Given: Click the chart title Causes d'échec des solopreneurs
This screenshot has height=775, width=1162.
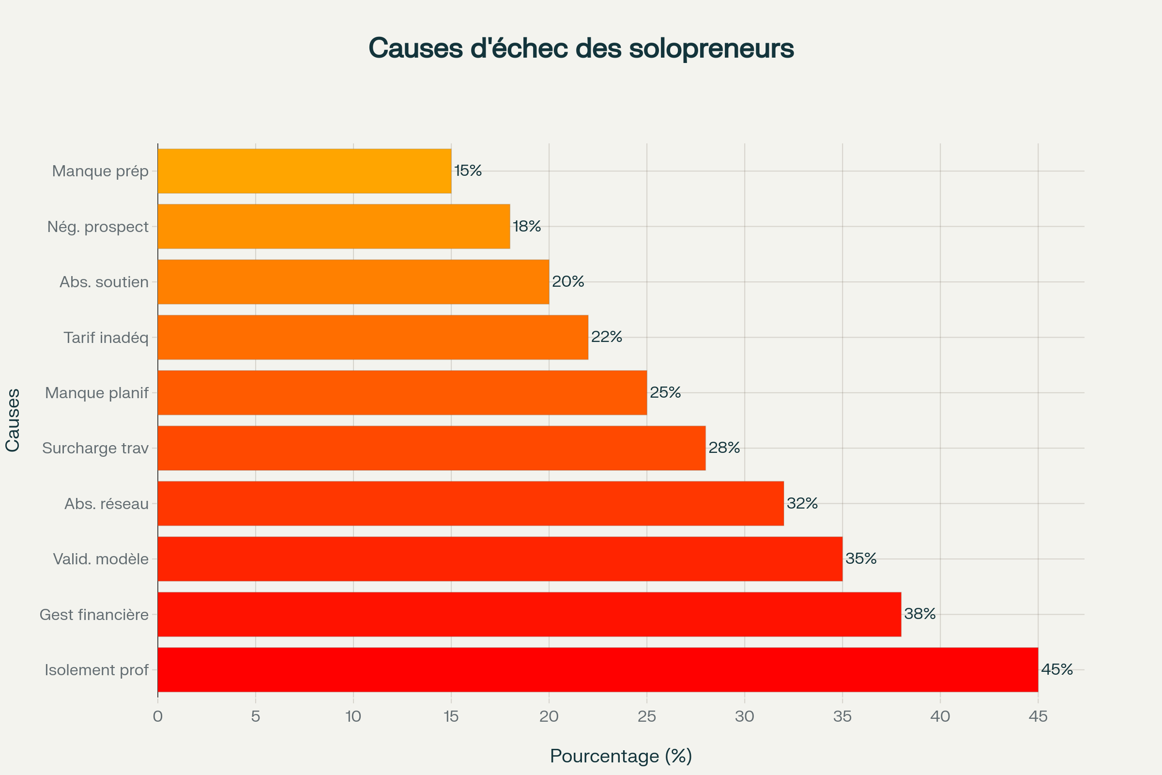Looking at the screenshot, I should [x=581, y=48].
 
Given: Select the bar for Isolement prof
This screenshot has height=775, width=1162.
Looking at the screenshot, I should [x=598, y=670].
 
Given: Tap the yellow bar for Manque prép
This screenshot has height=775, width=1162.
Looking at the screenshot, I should [x=305, y=171].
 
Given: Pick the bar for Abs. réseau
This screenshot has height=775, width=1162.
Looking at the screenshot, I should [x=470, y=504].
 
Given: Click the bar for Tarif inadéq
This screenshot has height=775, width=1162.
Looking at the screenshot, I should [x=373, y=337].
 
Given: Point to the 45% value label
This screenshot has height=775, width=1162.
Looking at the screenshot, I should [x=1057, y=670].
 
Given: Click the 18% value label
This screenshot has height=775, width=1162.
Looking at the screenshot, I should [x=527, y=226].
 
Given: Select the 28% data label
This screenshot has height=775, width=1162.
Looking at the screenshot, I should [x=724, y=448].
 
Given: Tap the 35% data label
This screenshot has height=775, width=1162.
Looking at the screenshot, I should [x=861, y=558].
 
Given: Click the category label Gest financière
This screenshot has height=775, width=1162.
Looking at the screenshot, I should [x=94, y=614].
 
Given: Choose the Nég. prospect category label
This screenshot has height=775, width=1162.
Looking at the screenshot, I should [x=98, y=226].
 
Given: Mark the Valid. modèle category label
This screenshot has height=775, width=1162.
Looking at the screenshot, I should [x=101, y=559].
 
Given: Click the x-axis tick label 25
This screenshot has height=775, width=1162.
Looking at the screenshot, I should [x=647, y=717].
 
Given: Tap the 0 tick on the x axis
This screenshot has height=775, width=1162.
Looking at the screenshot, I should [x=158, y=717].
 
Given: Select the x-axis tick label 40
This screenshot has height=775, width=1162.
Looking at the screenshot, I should [x=940, y=717].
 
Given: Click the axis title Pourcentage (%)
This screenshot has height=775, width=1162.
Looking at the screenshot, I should [x=621, y=756].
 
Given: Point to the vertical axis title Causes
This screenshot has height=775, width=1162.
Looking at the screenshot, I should [x=13, y=420].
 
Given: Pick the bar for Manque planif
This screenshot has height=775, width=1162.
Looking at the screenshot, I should [x=402, y=392].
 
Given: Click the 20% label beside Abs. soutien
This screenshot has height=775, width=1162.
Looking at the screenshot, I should [x=567, y=282].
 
